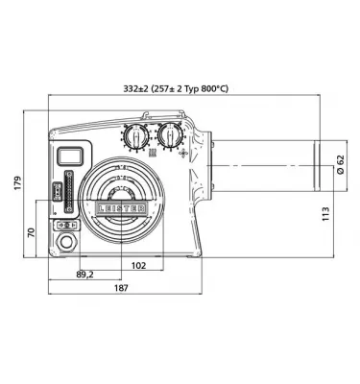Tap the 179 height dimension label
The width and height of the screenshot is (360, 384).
(17, 182)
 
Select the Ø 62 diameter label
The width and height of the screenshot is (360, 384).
(340, 164)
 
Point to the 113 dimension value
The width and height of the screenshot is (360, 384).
(325, 214)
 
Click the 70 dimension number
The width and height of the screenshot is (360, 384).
(31, 232)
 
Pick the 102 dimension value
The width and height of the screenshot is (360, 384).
(138, 265)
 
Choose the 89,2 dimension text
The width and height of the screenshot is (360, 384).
(84, 275)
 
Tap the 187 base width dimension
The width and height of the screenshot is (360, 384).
(121, 288)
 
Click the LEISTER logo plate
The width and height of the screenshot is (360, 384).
(121, 208)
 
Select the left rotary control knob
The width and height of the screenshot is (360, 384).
(135, 136)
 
